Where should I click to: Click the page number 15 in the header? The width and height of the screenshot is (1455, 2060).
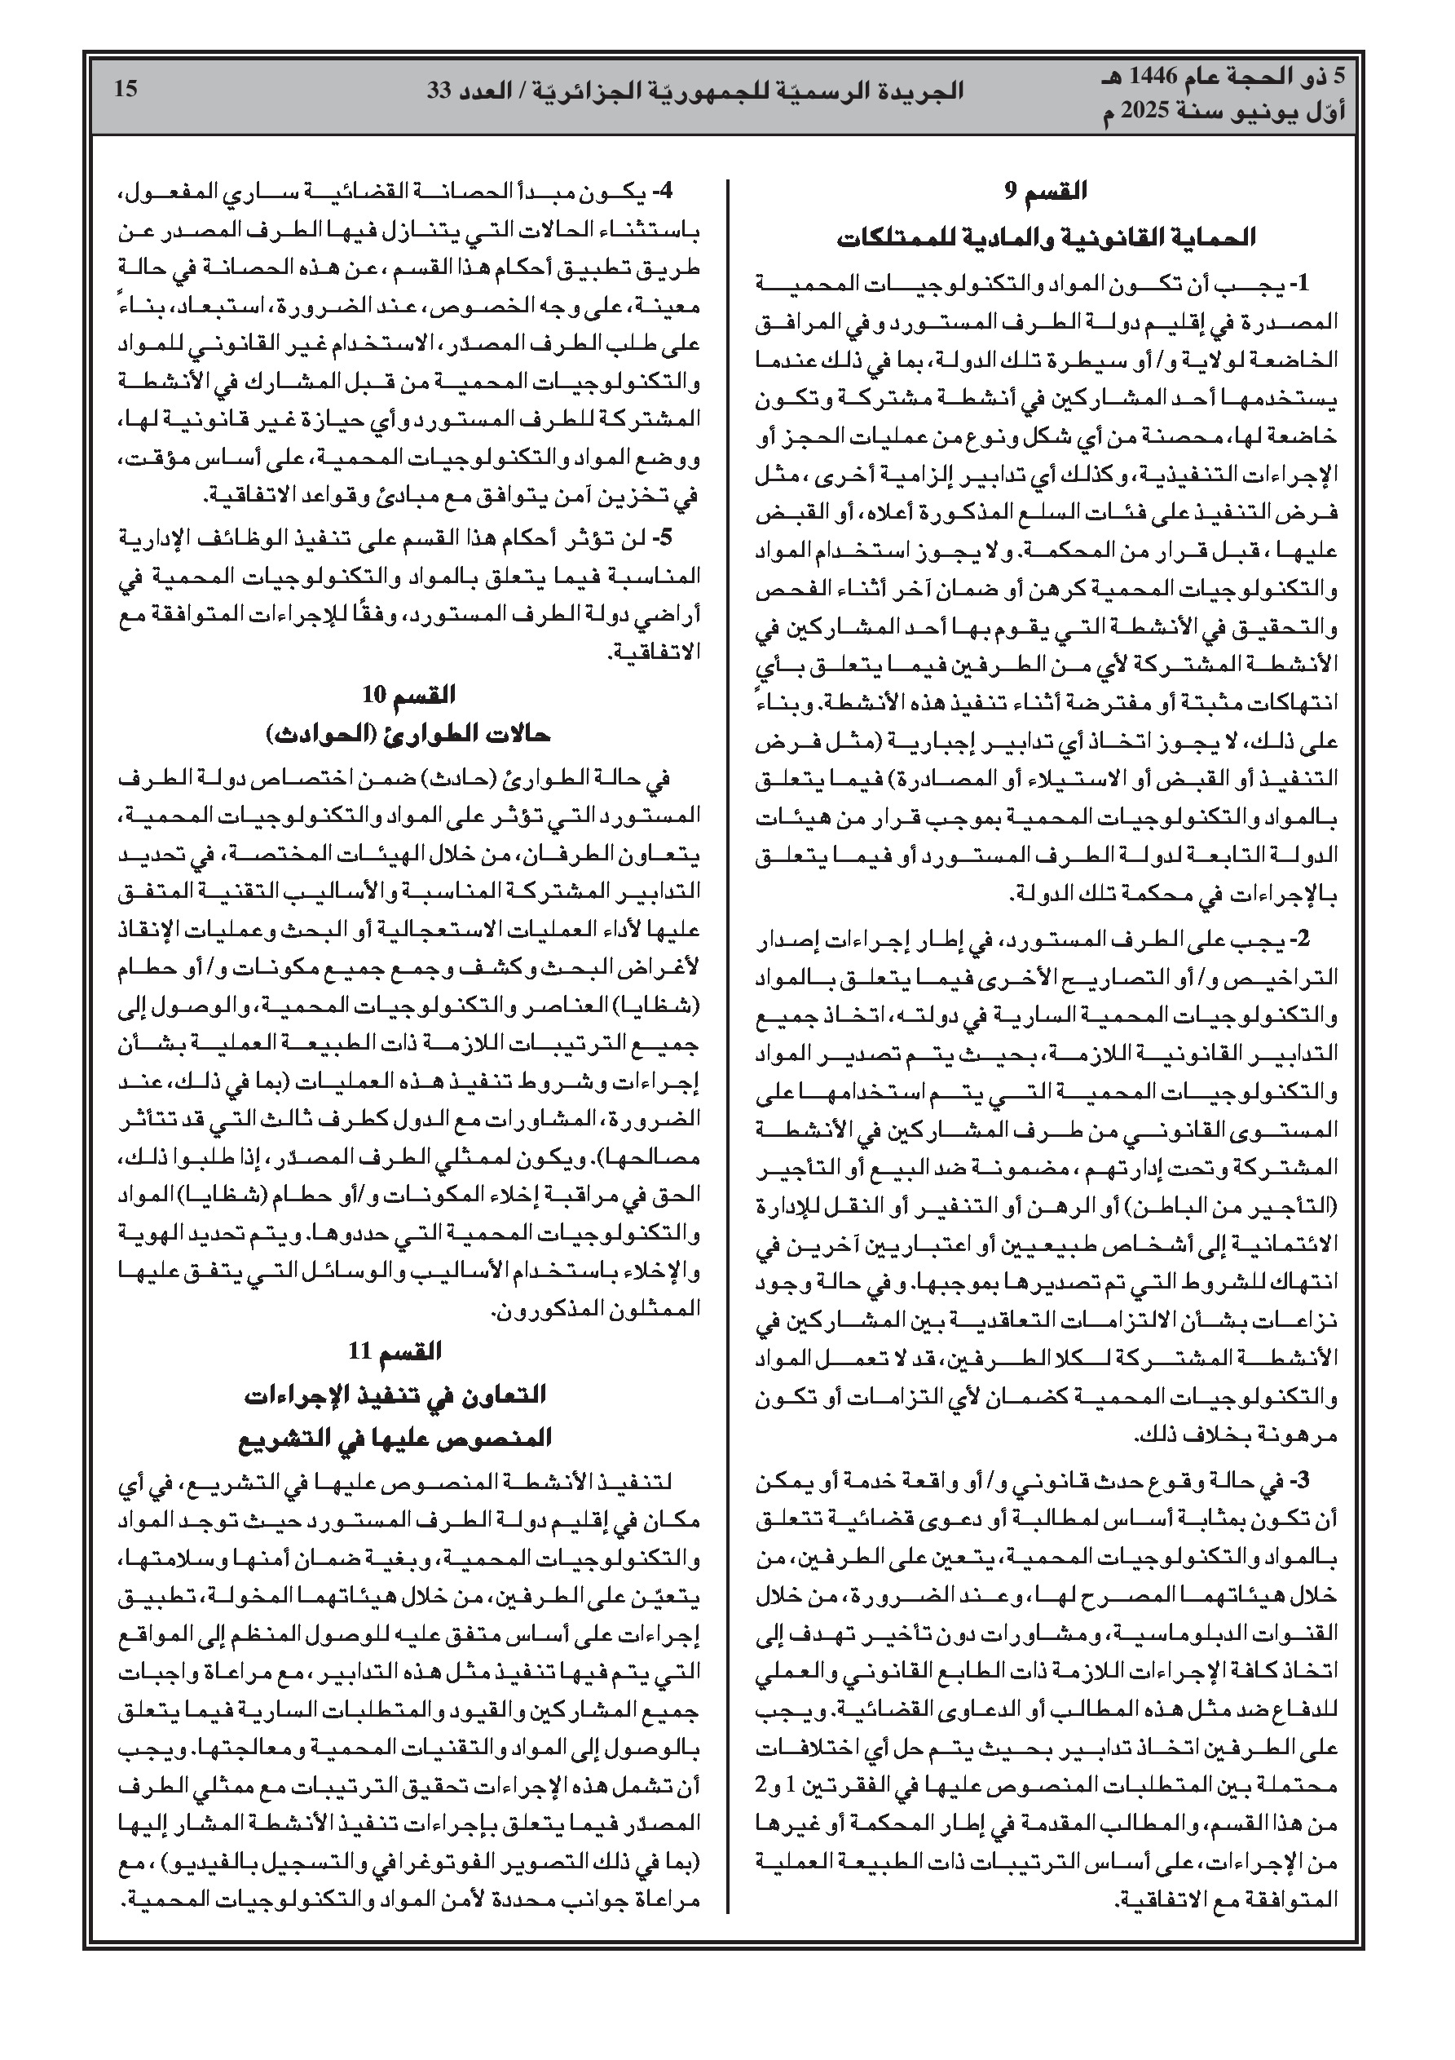tap(126, 90)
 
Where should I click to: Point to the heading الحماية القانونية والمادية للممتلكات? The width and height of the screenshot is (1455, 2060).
tap(1045, 239)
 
